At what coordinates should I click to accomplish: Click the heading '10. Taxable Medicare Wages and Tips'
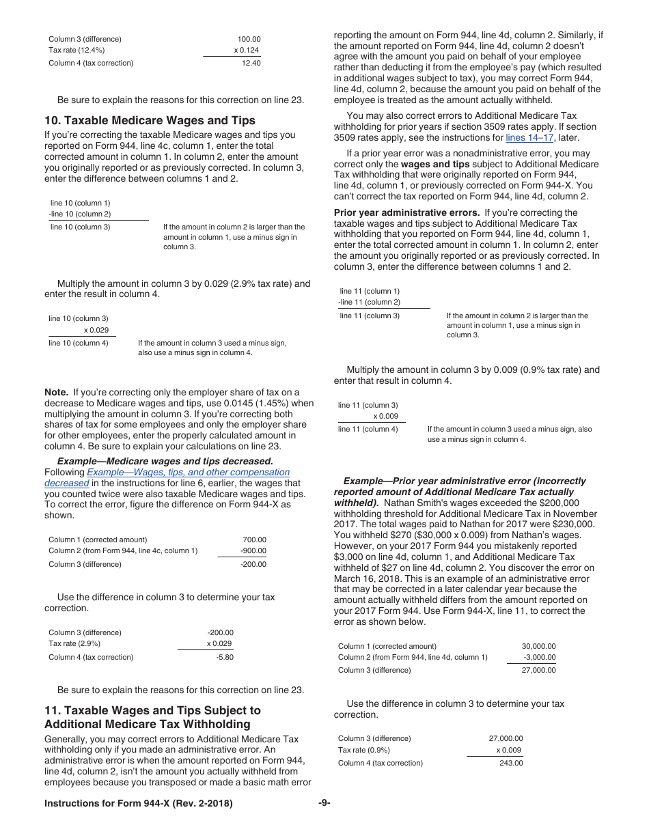point(150,120)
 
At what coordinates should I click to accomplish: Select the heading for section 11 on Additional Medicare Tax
point(152,717)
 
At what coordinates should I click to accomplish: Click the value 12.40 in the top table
point(251,64)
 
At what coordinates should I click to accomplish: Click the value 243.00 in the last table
point(511,763)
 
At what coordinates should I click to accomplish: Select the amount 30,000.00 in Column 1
point(538,646)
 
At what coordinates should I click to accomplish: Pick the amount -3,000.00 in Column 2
point(539,657)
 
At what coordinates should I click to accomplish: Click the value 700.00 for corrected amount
point(254,540)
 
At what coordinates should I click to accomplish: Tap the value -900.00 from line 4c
point(253,550)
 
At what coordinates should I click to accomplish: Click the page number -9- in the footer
point(324,803)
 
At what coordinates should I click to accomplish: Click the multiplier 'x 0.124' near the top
point(246,51)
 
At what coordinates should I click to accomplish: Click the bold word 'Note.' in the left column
point(56,392)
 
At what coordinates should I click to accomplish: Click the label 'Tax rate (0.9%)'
point(364,750)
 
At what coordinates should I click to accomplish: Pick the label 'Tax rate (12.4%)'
point(77,51)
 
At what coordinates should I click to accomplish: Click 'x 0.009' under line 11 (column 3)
point(385,416)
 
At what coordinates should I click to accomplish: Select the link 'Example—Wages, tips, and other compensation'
point(188,472)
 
